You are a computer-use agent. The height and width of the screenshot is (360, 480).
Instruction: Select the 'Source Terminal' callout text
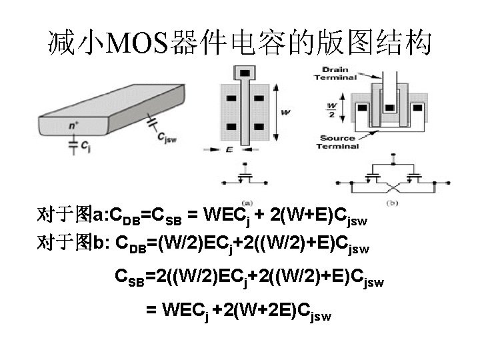pyautogui.click(x=337, y=142)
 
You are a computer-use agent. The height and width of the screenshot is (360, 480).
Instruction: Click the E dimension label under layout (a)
pyautogui.click(x=229, y=150)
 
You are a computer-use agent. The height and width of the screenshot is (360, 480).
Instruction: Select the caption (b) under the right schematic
pyautogui.click(x=391, y=202)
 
